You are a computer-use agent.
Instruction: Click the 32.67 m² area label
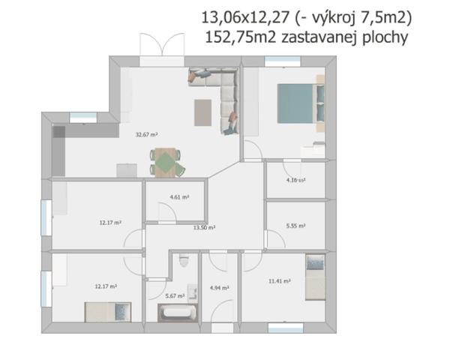146,134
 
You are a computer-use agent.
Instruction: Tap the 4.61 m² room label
179,197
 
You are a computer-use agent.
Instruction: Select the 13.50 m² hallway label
204,228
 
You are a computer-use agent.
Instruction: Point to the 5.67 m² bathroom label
175,295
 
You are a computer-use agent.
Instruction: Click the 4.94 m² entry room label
219,288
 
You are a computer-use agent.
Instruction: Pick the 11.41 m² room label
280,281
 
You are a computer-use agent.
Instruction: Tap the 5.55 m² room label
295,226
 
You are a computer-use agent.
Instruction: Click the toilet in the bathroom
184,259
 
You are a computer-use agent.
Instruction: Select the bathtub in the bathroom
178,313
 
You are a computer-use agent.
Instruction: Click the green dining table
167,162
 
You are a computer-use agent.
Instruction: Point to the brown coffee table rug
203,112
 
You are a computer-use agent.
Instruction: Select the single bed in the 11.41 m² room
315,277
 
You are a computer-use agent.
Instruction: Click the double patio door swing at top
162,43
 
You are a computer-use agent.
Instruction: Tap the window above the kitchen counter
83,118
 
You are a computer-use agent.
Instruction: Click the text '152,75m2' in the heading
241,37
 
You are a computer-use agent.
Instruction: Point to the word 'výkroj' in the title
332,18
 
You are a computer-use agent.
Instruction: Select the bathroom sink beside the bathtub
193,293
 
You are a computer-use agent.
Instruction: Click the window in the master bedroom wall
283,61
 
